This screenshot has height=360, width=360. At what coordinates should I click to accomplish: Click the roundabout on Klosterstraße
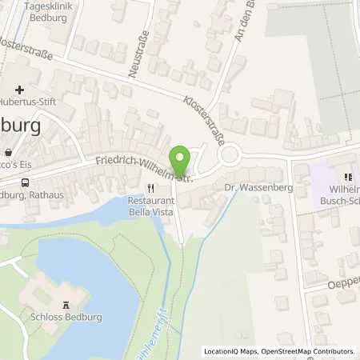[x=232, y=154]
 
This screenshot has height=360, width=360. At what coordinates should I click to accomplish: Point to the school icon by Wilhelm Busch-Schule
[x=347, y=177]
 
